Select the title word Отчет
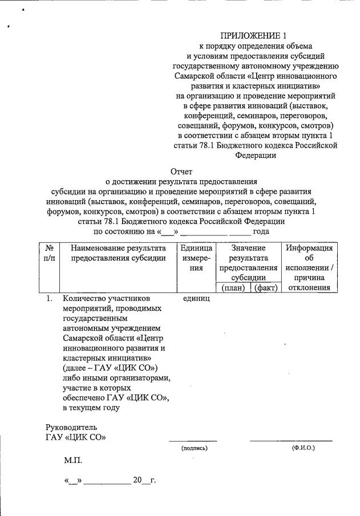pos(181,171)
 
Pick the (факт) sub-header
pos(266,288)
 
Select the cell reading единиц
pos(197,298)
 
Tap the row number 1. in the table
pos(50,298)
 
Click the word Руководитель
pos(71,426)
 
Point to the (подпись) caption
pos(194,448)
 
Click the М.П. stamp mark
pos(74,460)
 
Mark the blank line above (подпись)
pos(192,440)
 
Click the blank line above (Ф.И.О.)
pos(291,440)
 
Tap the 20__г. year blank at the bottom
pos(144,480)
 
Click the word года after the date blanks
pos(261,231)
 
